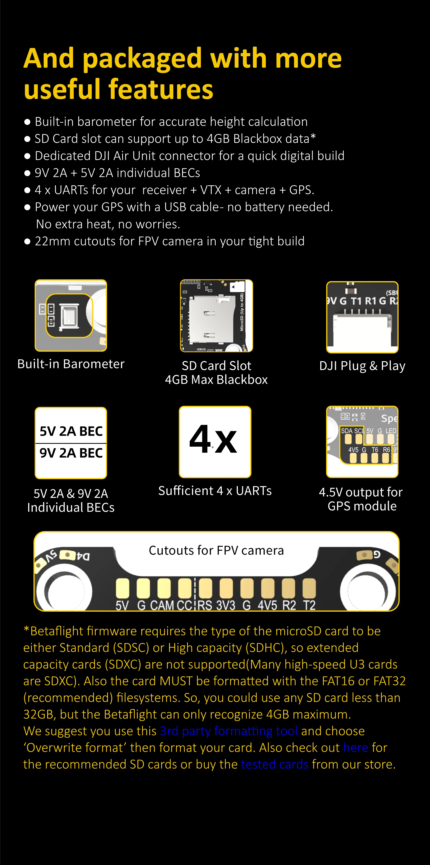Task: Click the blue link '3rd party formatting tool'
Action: pos(229,731)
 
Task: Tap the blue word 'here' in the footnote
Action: pos(356,748)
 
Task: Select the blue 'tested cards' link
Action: pos(275,764)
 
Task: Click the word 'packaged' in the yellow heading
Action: pos(142,59)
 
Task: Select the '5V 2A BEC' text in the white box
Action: pos(71,431)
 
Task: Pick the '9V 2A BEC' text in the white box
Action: pos(71,453)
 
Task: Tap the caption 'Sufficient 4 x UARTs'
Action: pos(215,491)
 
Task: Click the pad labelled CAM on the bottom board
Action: pos(164,588)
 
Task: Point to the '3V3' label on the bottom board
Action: pos(226,605)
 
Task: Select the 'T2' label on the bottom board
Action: pos(309,605)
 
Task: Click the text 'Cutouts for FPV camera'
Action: pos(216,551)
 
